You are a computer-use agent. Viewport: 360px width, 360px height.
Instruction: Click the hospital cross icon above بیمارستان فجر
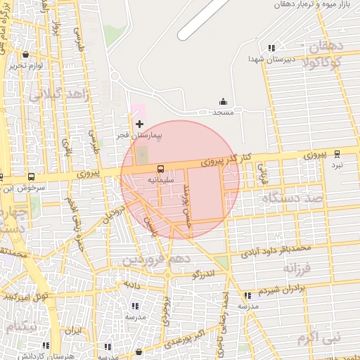click(x=139, y=124)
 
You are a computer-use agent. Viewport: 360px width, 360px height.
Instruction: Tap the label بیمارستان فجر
click(x=139, y=133)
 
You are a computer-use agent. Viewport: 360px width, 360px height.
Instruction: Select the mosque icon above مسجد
click(x=224, y=102)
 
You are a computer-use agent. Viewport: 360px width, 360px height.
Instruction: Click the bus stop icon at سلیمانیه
click(x=160, y=169)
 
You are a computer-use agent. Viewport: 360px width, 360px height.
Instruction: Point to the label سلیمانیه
click(x=161, y=179)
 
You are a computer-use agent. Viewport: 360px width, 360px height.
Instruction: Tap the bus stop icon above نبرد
click(x=337, y=154)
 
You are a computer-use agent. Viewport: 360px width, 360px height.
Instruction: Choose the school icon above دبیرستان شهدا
click(x=271, y=49)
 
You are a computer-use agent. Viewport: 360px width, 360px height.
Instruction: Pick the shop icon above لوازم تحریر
click(x=26, y=54)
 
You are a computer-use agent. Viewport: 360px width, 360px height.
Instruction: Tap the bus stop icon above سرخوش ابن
click(x=30, y=177)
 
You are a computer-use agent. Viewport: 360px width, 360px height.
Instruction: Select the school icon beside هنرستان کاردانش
click(x=46, y=345)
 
